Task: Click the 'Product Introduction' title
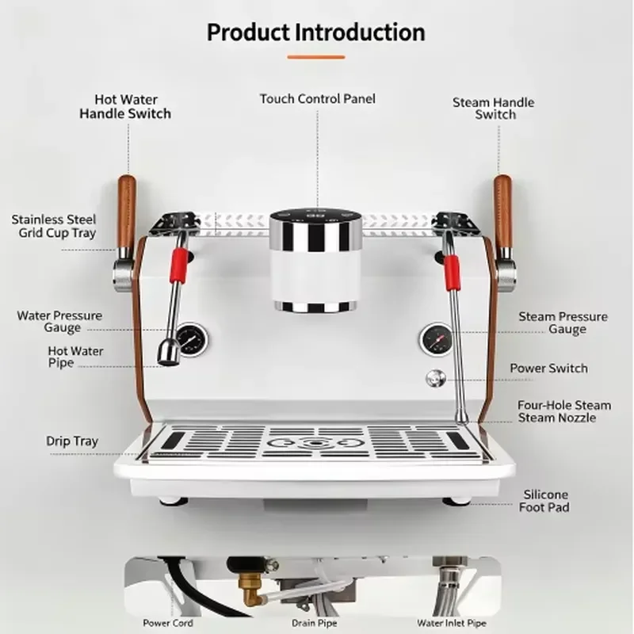pos(315,32)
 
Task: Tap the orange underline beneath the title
pos(315,57)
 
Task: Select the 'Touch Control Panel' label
pos(318,98)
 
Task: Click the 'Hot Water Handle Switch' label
pos(125,107)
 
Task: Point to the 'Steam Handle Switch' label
pos(494,109)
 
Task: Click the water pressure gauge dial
pos(192,340)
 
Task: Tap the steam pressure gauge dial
pos(437,340)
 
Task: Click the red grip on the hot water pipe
pos(179,265)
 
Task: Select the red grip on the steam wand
pos(452,273)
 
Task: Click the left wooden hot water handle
pos(126,214)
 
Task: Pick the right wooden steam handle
pos(503,214)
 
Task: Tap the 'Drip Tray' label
pos(72,441)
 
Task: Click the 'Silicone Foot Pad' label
pos(544,501)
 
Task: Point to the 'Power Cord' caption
pos(168,623)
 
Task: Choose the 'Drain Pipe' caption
pos(314,623)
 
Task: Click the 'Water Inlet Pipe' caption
pos(452,623)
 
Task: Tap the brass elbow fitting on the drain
pos(249,591)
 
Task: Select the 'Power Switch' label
pos(548,369)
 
